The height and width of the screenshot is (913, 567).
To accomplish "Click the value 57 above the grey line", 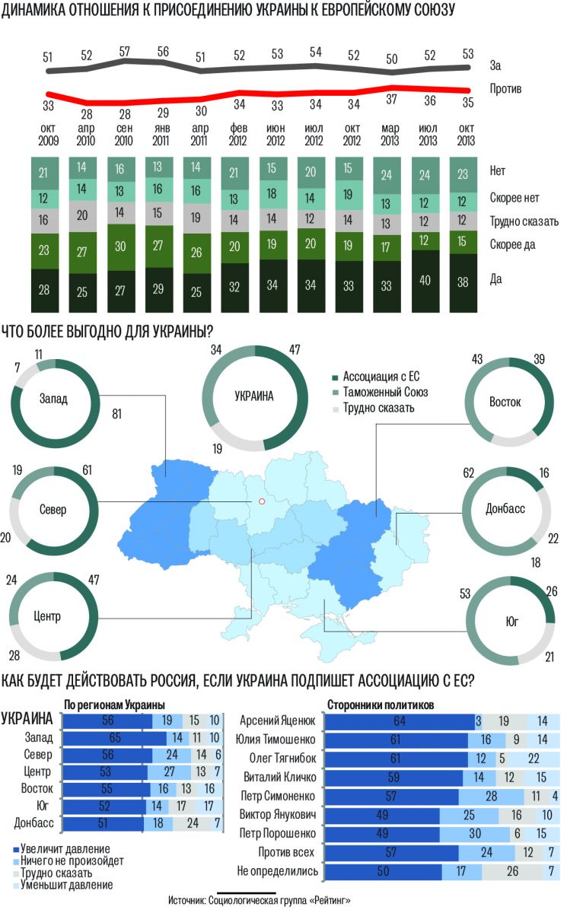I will (125, 51).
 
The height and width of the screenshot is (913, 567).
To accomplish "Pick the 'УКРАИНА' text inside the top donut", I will (253, 396).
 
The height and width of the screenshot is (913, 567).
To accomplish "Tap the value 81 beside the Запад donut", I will (116, 415).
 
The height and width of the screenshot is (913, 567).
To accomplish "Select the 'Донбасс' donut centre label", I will (505, 508).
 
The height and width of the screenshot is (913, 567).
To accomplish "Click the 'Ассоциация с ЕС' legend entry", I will (381, 377).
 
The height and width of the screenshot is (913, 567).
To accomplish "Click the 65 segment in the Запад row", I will (114, 736).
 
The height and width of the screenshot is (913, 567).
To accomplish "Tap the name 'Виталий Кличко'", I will (276, 777).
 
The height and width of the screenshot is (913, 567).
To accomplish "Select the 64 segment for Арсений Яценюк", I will (400, 721).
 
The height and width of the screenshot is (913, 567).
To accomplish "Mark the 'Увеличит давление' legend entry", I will (65, 848).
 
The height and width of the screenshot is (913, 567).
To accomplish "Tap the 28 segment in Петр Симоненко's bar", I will (492, 796).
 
